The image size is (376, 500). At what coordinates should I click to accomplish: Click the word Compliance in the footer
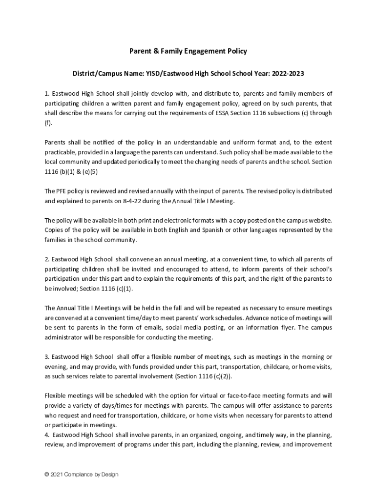pyautogui.click(x=79, y=474)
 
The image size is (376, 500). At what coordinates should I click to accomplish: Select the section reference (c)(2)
pyautogui.click(x=220, y=376)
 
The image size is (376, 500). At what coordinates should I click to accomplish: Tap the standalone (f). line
pyautogui.click(x=48, y=123)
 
